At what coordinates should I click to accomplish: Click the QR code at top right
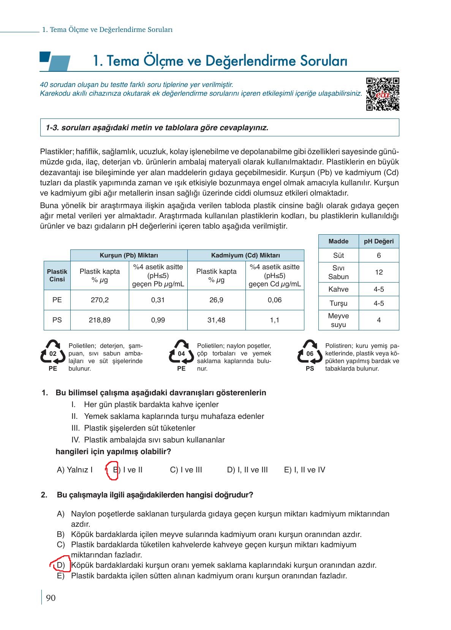pyautogui.click(x=382, y=94)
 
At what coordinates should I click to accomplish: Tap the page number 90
pyautogui.click(x=51, y=598)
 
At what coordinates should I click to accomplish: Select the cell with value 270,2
pyautogui.click(x=100, y=300)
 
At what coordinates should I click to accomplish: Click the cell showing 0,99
pyautogui.click(x=158, y=320)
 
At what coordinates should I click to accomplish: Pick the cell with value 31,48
pyautogui.click(x=216, y=320)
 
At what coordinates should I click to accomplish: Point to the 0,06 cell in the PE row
pyautogui.click(x=275, y=300)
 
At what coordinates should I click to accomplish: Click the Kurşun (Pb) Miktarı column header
pyautogui.click(x=129, y=255)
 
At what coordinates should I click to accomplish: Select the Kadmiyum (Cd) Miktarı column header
pyautogui.click(x=245, y=255)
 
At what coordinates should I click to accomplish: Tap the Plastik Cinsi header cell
pyautogui.click(x=57, y=275)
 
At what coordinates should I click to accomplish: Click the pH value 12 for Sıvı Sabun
pyautogui.click(x=378, y=272)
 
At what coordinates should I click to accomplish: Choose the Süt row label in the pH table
pyautogui.click(x=338, y=256)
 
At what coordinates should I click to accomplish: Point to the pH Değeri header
pyautogui.click(x=378, y=242)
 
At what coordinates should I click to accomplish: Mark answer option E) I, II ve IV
pyautogui.click(x=304, y=470)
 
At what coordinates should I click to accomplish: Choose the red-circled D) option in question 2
pyautogui.click(x=61, y=565)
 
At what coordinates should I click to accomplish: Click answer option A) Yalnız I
pyautogui.click(x=74, y=470)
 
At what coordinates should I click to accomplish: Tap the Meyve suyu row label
pyautogui.click(x=338, y=320)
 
